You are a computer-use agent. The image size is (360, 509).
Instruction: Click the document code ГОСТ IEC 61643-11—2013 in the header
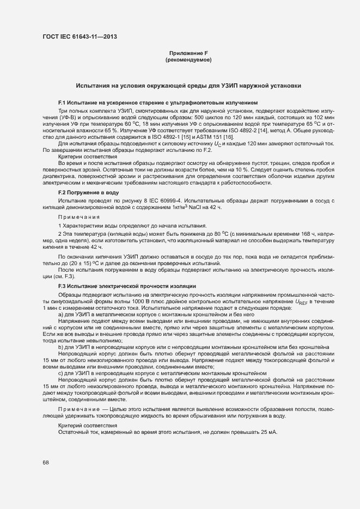(x=80, y=37)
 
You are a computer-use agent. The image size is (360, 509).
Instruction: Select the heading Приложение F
(x=188, y=53)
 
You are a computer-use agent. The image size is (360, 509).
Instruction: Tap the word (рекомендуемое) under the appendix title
(x=188, y=59)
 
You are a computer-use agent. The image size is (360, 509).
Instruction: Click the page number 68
(x=46, y=463)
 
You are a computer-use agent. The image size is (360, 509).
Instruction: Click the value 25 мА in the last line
(x=269, y=432)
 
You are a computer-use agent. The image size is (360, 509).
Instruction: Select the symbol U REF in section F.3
(x=301, y=302)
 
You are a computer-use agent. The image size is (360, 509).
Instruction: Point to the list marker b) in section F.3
(x=61, y=346)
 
